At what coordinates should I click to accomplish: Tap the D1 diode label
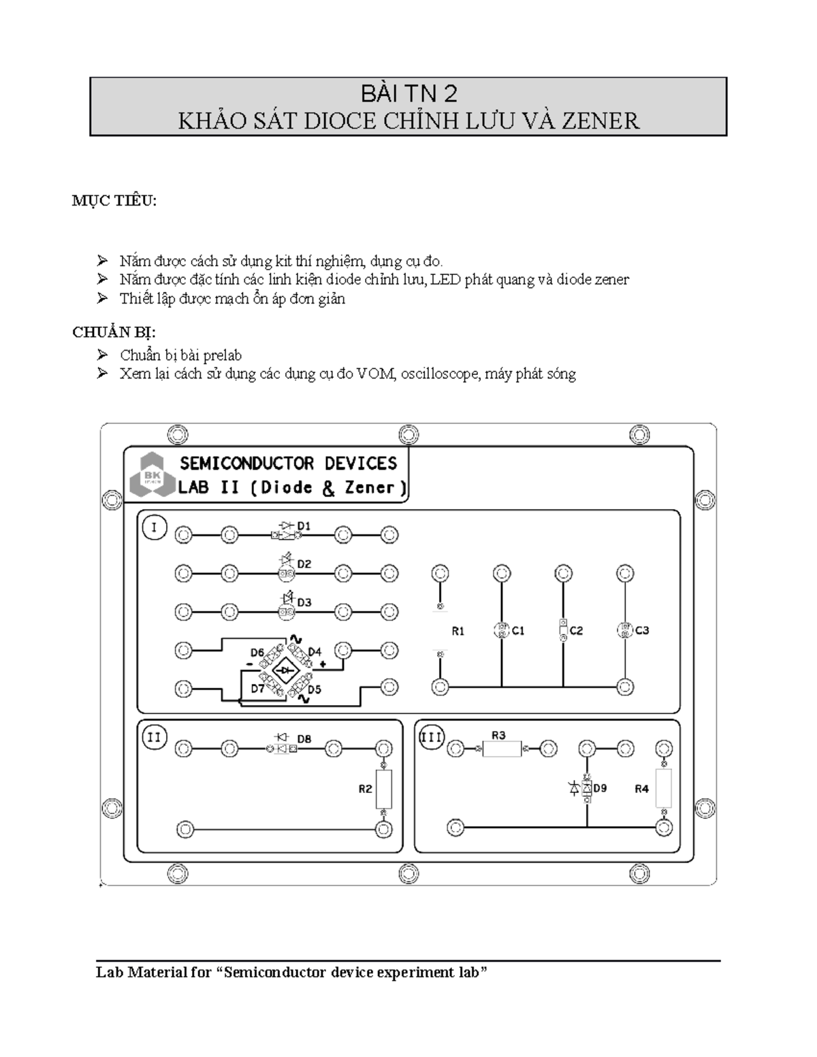tap(304, 525)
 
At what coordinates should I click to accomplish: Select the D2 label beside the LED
tap(304, 564)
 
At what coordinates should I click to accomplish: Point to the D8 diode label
tap(304, 739)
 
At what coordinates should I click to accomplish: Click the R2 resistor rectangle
tap(384, 788)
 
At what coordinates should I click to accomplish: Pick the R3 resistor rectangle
tap(501, 749)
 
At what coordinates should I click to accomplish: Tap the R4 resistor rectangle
tap(664, 788)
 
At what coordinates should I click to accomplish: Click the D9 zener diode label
tap(600, 787)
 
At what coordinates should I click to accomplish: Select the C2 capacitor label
tap(576, 631)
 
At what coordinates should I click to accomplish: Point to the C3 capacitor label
tap(642, 630)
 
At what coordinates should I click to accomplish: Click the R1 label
tap(458, 632)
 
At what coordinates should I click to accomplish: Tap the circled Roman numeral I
tap(155, 527)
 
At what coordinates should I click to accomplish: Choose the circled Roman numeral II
tap(155, 737)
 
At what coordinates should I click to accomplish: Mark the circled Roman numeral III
tap(432, 737)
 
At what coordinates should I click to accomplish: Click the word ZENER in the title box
tap(600, 121)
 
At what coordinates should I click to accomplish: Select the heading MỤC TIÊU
tap(114, 201)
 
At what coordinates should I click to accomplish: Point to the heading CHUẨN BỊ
tap(114, 332)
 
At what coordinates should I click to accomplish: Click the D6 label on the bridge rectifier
tap(257, 652)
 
